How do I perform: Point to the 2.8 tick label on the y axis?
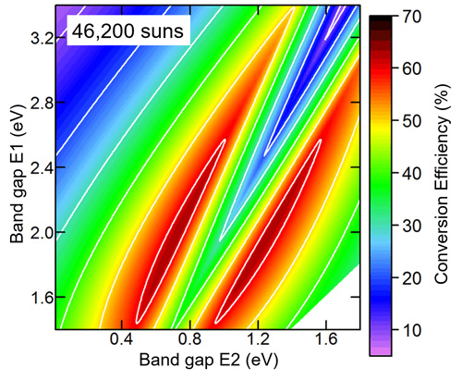tap(41, 102)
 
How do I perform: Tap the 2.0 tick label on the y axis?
tap(41, 232)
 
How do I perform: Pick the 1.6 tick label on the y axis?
tap(41, 298)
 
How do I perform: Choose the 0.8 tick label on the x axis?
tap(190, 341)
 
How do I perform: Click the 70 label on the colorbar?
tap(412, 16)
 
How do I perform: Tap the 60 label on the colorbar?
tap(412, 67)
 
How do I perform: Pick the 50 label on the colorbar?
tap(412, 120)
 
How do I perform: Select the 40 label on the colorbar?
tap(412, 173)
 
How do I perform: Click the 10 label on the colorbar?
tap(412, 330)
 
